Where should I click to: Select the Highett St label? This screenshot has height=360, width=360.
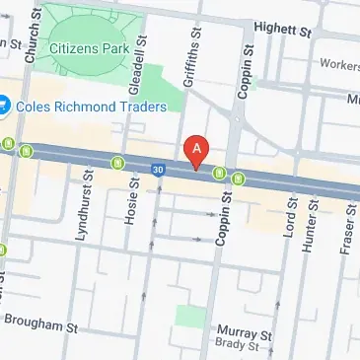click(x=288, y=30)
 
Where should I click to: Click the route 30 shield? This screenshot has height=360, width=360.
click(x=158, y=170)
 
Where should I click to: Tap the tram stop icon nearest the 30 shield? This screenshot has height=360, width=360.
click(x=117, y=164)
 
